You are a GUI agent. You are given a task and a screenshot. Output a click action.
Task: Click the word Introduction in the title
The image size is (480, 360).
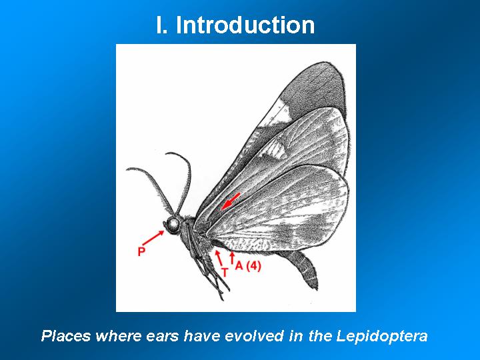pos(245,25)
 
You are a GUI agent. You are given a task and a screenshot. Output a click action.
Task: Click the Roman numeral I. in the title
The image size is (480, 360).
pos(161,25)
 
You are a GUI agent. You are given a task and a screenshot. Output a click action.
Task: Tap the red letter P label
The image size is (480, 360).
pos(141,251)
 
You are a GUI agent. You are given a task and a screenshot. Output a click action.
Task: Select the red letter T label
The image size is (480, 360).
pos(225,272)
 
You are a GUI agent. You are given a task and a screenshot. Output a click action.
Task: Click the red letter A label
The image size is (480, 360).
pos(239,266)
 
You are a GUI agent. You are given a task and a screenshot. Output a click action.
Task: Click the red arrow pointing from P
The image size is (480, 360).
pos(153,238)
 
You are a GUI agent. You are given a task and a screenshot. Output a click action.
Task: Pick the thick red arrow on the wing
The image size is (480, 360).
pos(231,201)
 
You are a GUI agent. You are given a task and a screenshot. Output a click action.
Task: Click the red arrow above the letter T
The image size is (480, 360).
pos(219,258)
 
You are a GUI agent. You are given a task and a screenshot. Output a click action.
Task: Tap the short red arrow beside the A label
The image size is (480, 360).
pos(233,257)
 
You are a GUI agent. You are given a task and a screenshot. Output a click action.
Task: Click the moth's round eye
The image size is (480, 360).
pos(173,225)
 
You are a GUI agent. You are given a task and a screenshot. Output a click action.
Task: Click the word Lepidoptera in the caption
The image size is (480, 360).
pos(382,336)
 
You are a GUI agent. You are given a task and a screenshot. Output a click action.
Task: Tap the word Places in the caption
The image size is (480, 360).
pos(66,336)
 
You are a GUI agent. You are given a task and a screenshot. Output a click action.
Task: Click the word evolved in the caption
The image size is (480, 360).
pos(254,336)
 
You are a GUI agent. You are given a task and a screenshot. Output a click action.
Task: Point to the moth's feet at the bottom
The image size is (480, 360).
pos(222,291)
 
